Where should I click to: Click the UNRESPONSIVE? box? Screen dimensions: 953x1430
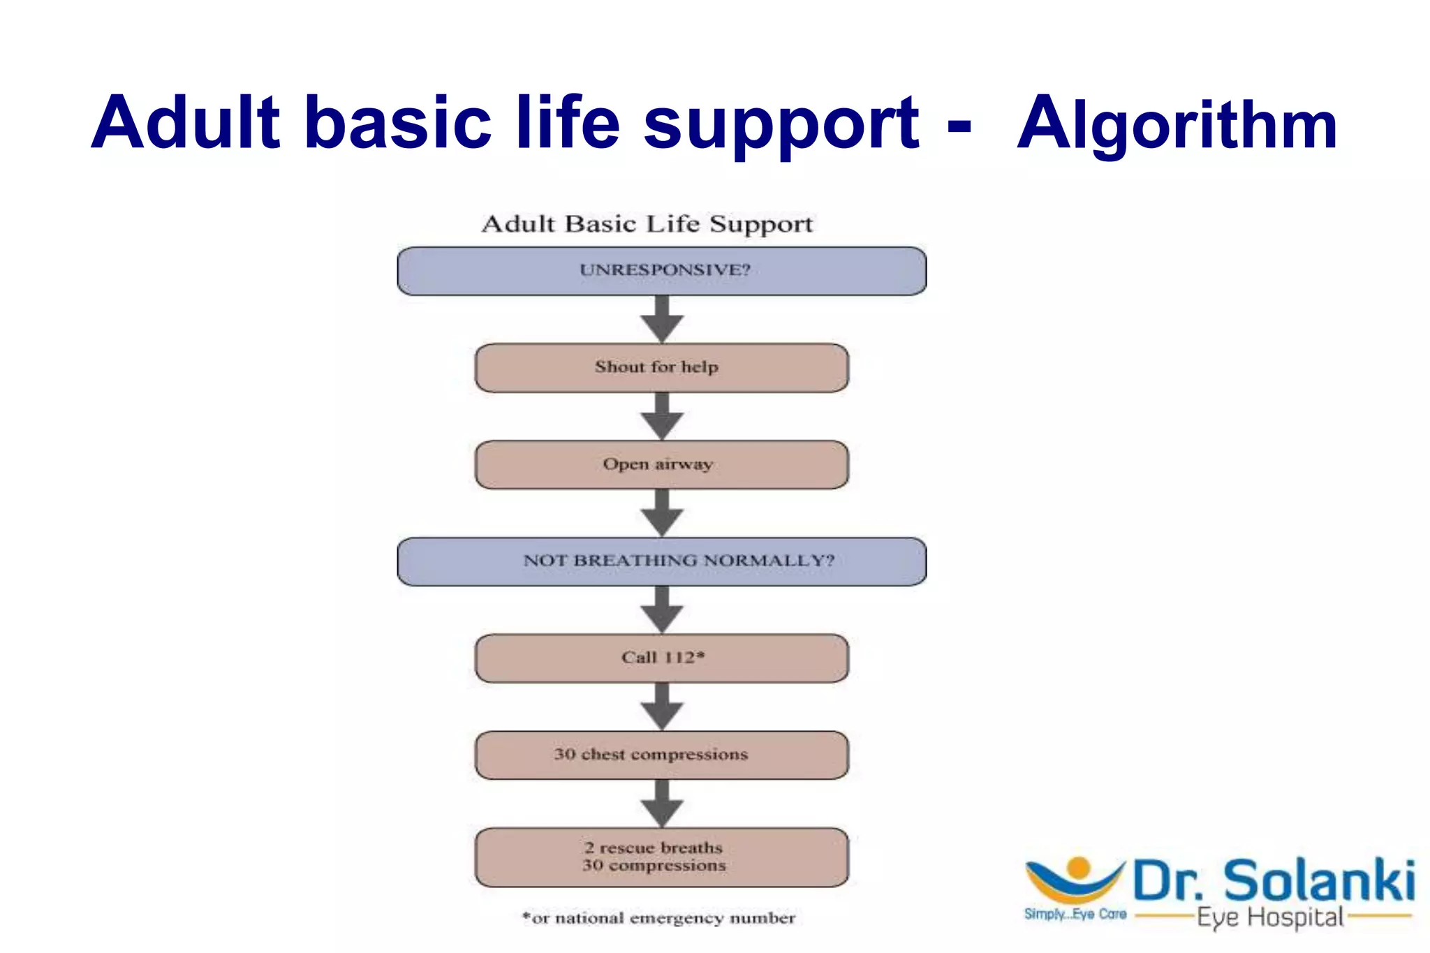point(662,271)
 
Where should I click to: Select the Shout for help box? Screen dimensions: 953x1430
point(662,367)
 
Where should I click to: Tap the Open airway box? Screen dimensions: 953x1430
point(662,464)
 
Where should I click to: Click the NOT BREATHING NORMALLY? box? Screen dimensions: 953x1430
point(662,561)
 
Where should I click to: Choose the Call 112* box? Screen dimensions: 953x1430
point(662,658)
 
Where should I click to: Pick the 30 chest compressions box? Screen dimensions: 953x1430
point(662,755)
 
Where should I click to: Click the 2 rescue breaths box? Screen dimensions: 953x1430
point(662,857)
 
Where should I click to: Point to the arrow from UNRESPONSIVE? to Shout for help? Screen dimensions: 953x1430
point(662,320)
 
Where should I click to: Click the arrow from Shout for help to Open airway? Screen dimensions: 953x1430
point(662,417)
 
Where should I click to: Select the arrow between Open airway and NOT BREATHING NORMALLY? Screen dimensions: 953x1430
point(662,514)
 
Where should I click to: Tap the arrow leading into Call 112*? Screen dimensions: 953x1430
point(662,610)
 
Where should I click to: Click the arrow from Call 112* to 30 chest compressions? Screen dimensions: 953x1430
point(662,707)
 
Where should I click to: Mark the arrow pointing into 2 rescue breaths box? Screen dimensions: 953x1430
point(662,804)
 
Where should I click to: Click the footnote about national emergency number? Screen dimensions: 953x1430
point(659,917)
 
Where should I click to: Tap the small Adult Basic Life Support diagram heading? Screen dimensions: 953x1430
point(647,224)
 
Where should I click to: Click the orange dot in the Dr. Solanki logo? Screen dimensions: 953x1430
point(1079,868)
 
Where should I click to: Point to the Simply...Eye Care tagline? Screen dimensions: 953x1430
point(1075,914)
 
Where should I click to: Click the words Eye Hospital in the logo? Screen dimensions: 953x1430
point(1270,917)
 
